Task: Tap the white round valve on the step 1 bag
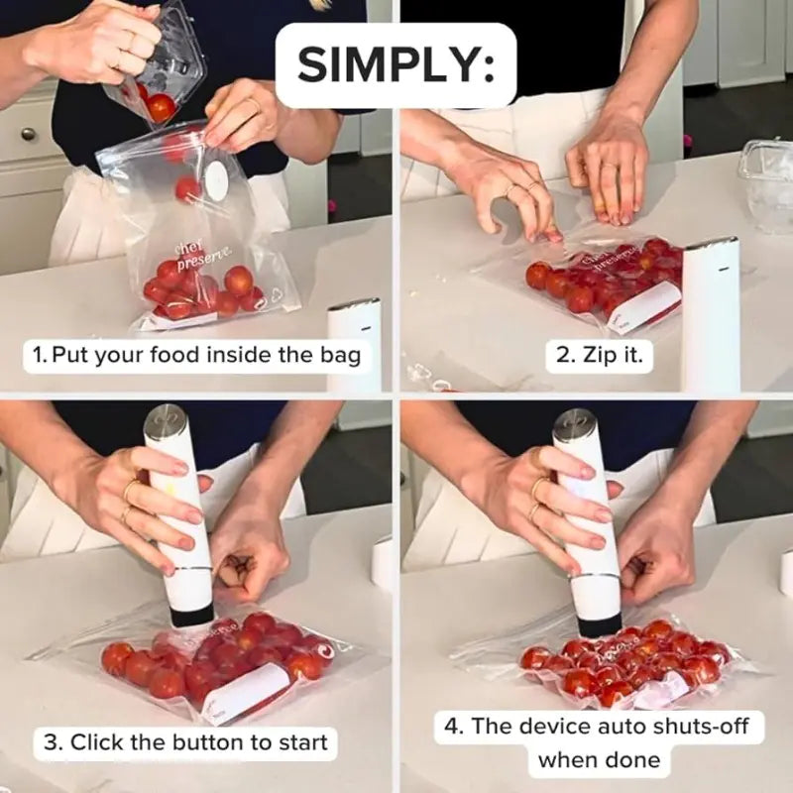(215, 179)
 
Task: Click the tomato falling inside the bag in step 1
(185, 188)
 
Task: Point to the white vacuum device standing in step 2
(710, 312)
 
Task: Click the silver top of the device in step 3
(165, 425)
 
